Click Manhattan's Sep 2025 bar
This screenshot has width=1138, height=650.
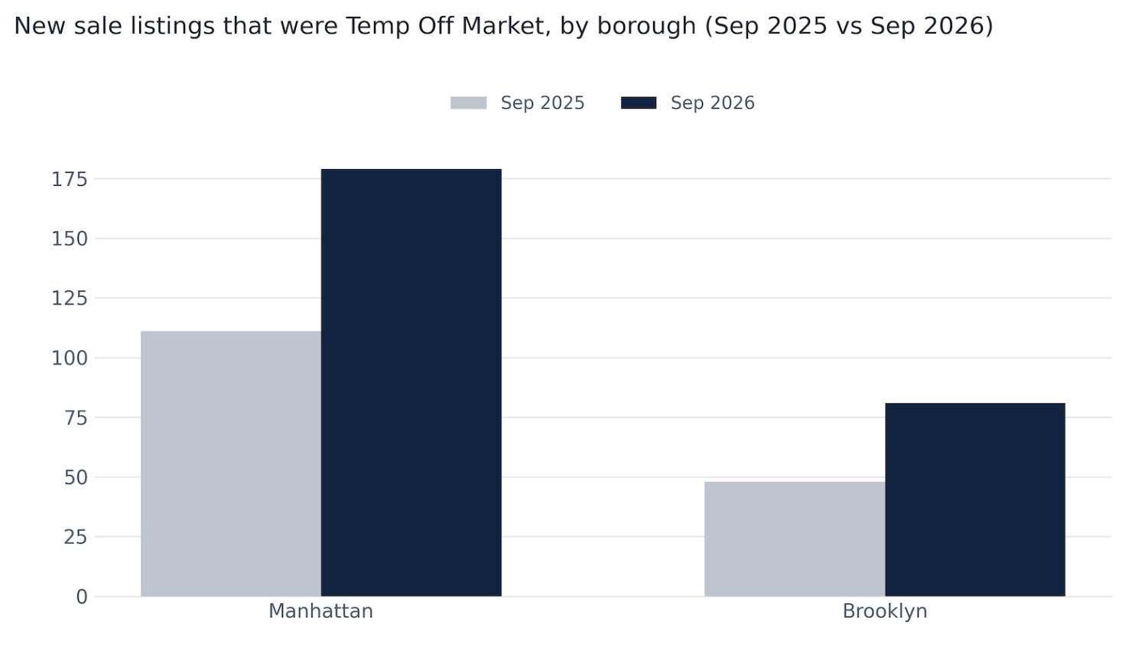tap(231, 463)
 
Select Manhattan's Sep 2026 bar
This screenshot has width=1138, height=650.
tap(411, 382)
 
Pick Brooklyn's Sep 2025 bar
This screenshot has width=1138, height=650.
tap(795, 539)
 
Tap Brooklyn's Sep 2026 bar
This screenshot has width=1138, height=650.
tap(975, 499)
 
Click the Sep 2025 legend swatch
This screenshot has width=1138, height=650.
tap(468, 103)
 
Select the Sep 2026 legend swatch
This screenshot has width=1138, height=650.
tap(639, 103)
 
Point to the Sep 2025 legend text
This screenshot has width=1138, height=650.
tap(542, 103)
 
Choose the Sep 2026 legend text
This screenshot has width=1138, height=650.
tap(713, 103)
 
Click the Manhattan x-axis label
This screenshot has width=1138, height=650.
tap(320, 611)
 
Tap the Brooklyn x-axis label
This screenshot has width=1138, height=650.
tap(885, 612)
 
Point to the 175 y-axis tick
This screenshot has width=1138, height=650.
tap(70, 179)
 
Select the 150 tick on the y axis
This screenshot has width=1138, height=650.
tap(70, 239)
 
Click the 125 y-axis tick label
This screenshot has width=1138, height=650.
tap(70, 298)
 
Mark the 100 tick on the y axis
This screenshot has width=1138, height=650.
tap(70, 359)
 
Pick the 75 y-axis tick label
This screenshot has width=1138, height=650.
tap(76, 418)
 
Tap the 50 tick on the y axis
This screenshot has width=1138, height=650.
tap(76, 478)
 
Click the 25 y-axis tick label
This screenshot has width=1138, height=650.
tap(76, 538)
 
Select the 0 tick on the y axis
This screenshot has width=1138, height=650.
tap(82, 597)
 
